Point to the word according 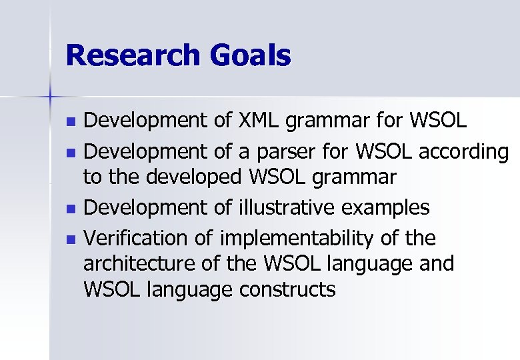(x=464, y=153)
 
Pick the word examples (x=386, y=209)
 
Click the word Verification (x=138, y=237)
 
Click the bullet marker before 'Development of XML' (x=73, y=123)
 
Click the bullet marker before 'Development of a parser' (x=73, y=153)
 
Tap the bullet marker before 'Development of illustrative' (x=73, y=209)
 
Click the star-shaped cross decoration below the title (x=49, y=97)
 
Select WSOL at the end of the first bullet (x=439, y=121)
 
